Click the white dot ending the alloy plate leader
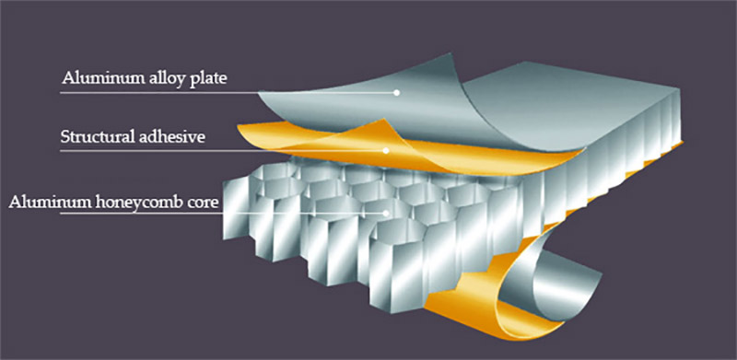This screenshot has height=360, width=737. tap(398, 92)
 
